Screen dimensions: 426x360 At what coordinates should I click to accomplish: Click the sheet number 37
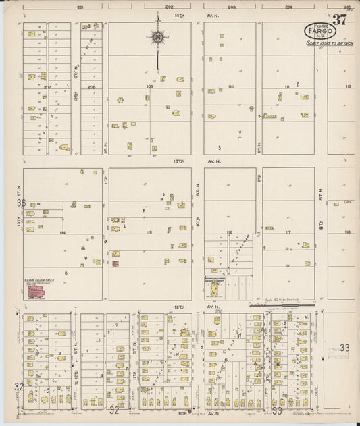point(340,20)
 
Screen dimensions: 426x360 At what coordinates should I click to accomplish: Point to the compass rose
point(158,38)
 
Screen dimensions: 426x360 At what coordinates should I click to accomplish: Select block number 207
point(47,87)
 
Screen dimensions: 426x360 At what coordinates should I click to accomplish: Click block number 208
point(91,87)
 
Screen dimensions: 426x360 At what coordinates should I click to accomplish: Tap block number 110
point(230,87)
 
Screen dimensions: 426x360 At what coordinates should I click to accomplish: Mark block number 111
point(287,87)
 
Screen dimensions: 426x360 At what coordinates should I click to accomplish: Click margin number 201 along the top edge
point(80,7)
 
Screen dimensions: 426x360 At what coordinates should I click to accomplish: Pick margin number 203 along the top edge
point(231,7)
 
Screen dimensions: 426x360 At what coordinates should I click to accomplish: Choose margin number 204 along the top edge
point(288,7)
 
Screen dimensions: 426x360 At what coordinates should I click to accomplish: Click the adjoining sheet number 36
point(21,203)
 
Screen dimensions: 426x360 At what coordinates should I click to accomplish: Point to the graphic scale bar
point(280,305)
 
